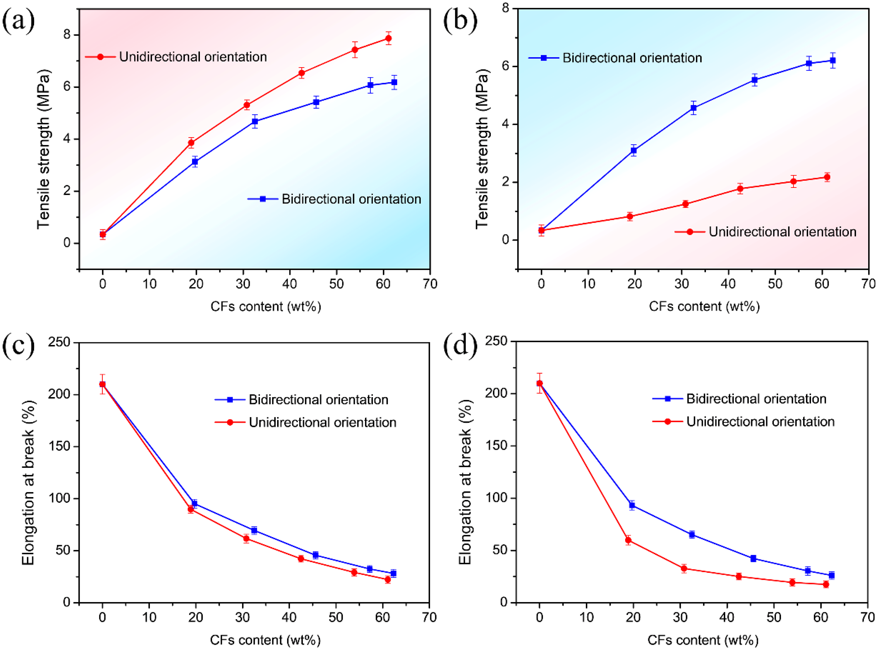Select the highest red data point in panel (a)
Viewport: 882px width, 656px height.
click(x=388, y=38)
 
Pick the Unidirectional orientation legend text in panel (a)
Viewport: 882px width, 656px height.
click(x=193, y=57)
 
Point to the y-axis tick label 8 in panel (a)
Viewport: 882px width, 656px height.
click(x=67, y=35)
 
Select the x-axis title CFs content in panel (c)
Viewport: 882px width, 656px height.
click(x=265, y=640)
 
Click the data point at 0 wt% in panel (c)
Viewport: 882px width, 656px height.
click(x=102, y=384)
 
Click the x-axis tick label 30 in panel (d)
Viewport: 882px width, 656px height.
click(x=680, y=617)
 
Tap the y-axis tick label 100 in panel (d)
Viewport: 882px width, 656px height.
click(x=497, y=498)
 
